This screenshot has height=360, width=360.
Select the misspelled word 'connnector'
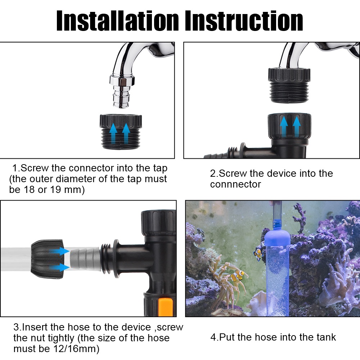235,184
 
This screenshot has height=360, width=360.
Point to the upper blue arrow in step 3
60,251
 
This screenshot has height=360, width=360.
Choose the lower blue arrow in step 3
60,267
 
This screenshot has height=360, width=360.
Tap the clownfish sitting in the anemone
238,276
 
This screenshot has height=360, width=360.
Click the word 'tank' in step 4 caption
324,337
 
